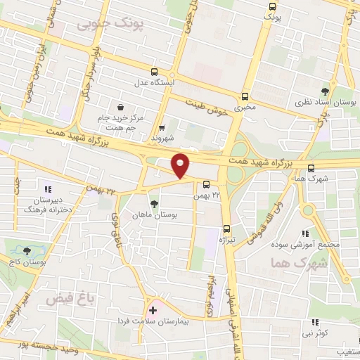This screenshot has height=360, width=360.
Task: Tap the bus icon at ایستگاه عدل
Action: (154, 72)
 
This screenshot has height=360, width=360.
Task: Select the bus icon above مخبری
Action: (245, 97)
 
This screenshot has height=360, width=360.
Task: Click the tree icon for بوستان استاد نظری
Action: (324, 92)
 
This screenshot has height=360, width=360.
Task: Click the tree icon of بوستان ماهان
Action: (154, 204)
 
